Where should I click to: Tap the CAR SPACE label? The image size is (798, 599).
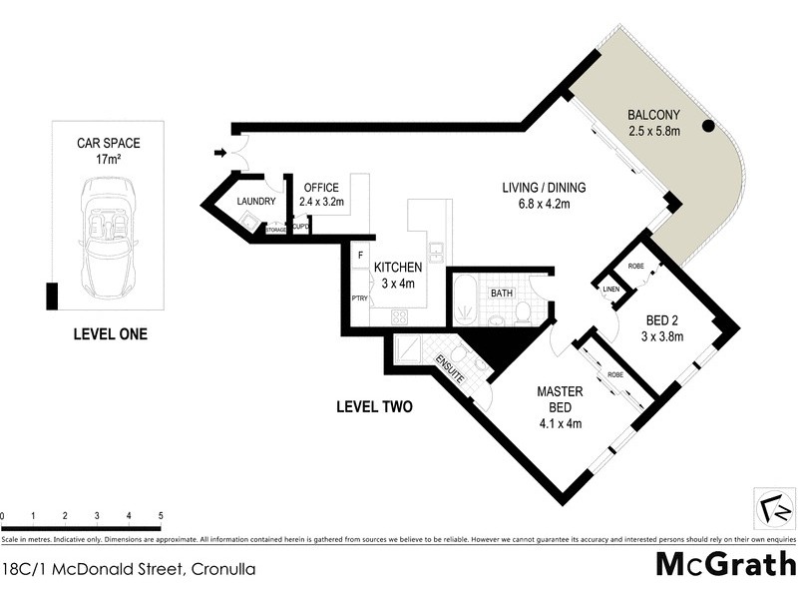click(109, 143)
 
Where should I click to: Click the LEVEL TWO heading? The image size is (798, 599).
click(374, 407)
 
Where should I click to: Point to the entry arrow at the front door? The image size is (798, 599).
click(219, 153)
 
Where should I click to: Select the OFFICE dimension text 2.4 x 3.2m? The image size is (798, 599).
click(321, 202)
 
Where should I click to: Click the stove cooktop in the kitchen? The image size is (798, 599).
click(399, 316)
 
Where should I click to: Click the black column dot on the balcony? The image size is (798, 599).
click(708, 126)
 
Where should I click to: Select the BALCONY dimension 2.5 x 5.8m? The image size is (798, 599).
click(653, 130)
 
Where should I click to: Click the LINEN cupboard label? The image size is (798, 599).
click(610, 290)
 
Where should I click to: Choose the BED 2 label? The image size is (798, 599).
click(663, 319)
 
